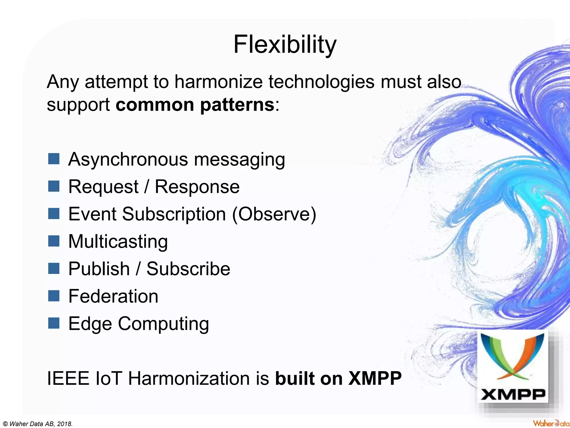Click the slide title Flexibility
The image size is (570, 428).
pos(285,45)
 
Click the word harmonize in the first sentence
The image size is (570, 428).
pos(218,82)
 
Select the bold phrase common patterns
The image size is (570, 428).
pos(195,105)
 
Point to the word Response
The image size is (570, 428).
pos(197,186)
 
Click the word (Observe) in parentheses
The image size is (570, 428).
pos(274,214)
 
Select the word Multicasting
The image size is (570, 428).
pos(118,241)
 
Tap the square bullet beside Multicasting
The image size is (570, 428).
pos(54,241)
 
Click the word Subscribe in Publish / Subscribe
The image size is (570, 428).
pos(188,269)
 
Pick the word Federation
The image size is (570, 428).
pos(113,296)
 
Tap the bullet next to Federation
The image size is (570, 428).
pos(54,296)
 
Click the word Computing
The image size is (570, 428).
pos(163,324)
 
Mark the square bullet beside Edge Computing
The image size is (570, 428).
pos(54,323)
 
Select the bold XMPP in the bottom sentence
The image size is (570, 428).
pos(375,378)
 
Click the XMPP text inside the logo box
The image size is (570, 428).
pos(513,395)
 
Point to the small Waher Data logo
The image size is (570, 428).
pos(551,423)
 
